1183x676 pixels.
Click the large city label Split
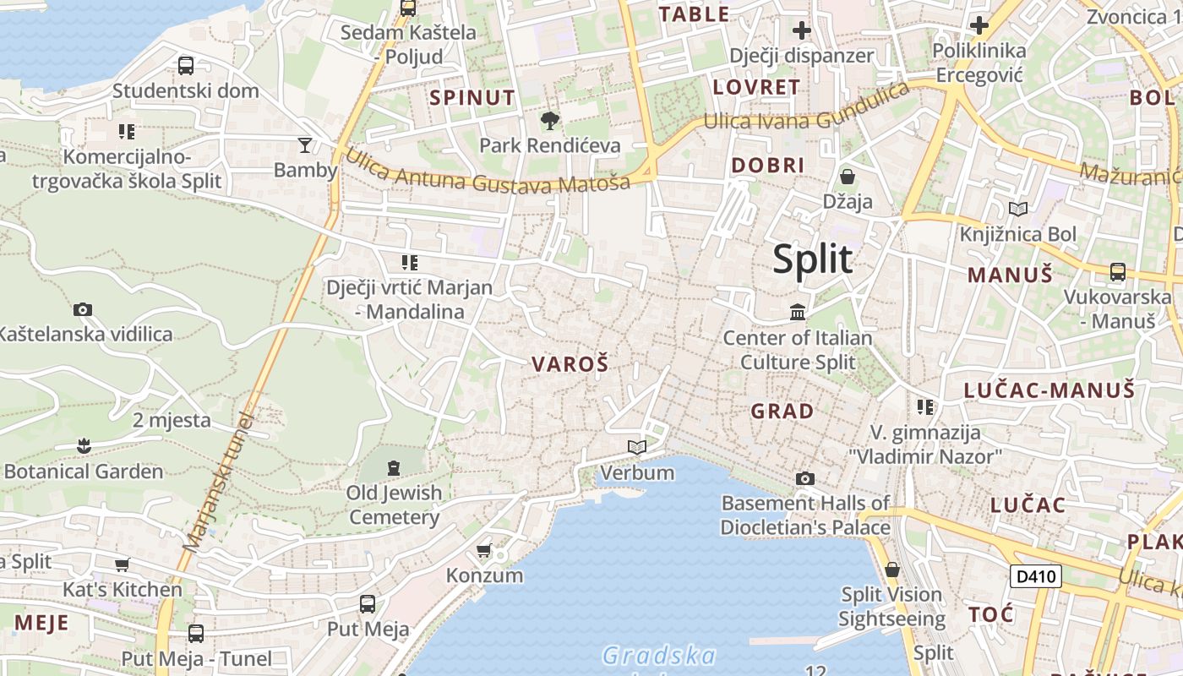[812, 259]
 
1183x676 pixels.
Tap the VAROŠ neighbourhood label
[570, 364]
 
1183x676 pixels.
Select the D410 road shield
[1035, 577]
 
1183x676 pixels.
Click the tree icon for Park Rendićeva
[550, 121]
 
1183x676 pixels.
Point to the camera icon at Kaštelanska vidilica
[82, 309]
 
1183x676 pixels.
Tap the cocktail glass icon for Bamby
[305, 144]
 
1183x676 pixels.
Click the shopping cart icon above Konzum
[484, 551]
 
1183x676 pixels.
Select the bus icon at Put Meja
[368, 603]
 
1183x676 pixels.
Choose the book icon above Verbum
[637, 447]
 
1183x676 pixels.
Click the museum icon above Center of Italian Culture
[797, 313]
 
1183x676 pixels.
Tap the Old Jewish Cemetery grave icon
[393, 467]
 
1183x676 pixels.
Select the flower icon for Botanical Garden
[83, 445]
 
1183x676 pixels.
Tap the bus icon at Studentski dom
[185, 65]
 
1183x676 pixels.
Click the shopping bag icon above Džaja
[847, 177]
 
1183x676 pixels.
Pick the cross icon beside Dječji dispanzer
[801, 31]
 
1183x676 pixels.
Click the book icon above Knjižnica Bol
[1018, 209]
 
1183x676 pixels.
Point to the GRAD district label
[782, 412]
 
